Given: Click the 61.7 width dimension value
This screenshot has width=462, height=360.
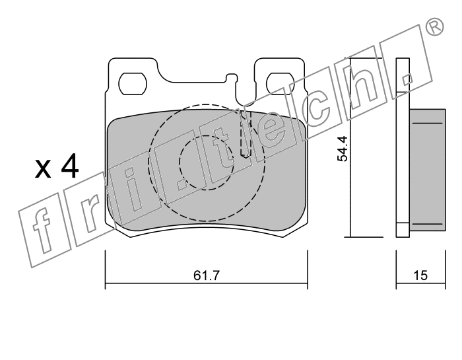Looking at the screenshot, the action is click(x=207, y=275).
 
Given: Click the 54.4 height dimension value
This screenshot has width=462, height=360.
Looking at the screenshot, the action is click(x=343, y=149).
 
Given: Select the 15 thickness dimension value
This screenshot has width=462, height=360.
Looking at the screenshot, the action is click(x=420, y=275).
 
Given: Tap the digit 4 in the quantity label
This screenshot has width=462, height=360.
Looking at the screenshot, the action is click(x=70, y=166).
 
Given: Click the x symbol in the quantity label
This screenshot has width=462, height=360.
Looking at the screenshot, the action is click(x=43, y=169).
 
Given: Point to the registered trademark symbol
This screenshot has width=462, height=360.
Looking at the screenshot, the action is click(x=434, y=27).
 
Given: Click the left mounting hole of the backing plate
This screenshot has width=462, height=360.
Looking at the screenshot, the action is click(x=133, y=83).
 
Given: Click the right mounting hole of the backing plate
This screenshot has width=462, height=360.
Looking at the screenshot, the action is click(x=280, y=83).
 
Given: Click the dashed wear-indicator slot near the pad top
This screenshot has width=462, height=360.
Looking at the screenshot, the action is click(x=246, y=134).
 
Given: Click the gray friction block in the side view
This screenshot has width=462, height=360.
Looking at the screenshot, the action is click(x=428, y=170).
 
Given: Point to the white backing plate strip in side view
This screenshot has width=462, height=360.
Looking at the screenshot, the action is click(x=403, y=147).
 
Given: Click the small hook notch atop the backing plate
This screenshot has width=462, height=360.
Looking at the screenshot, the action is click(x=231, y=78).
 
